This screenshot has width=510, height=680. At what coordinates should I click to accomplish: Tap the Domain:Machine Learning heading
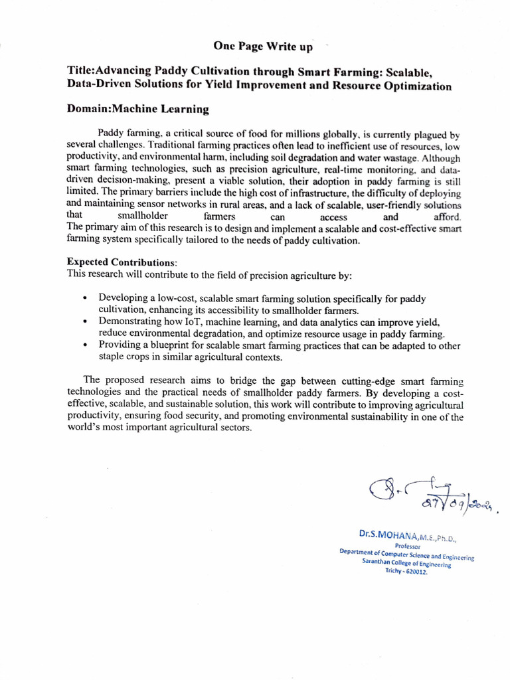coord(138,108)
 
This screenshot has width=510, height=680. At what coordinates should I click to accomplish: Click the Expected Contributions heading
coord(122,262)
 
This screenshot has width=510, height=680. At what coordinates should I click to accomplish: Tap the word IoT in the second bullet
coord(204,321)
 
